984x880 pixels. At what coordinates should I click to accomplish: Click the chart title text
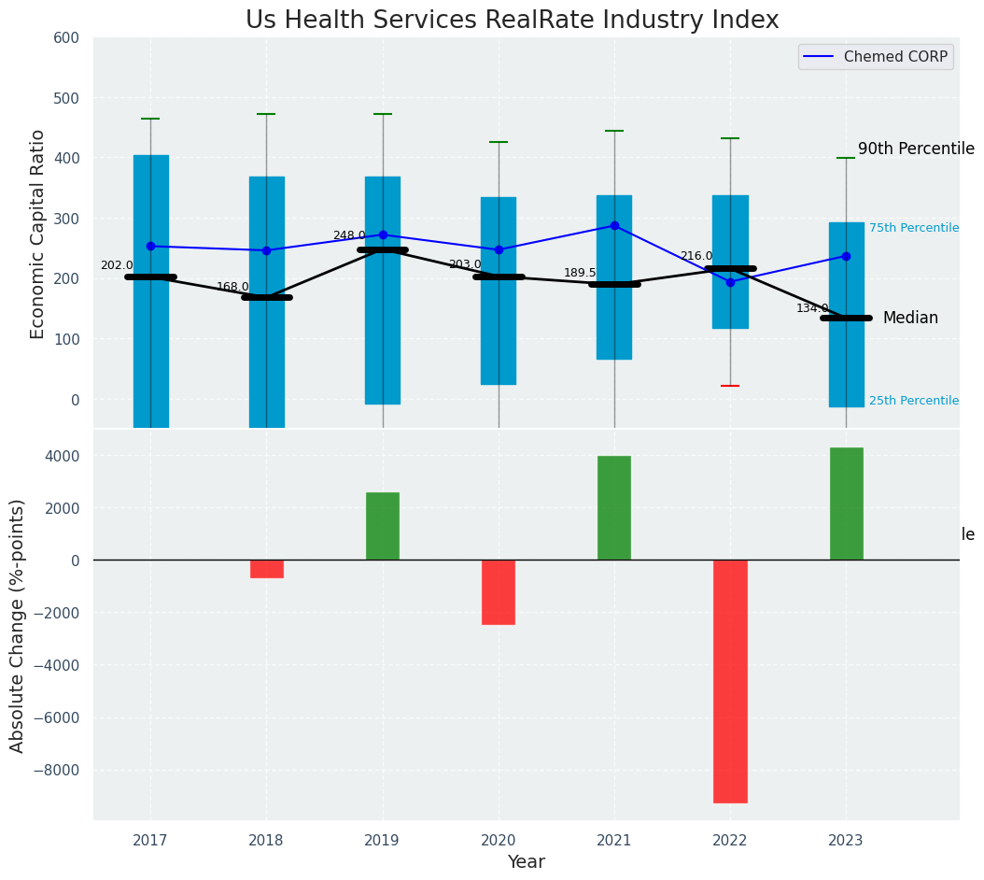click(x=512, y=21)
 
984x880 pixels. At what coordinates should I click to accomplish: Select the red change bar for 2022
click(x=730, y=681)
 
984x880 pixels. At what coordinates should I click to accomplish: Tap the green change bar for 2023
click(x=846, y=504)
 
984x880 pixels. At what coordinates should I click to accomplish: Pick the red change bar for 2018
click(x=266, y=569)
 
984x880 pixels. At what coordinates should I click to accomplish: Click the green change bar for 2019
click(x=382, y=526)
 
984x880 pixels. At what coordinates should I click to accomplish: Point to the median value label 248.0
click(x=349, y=235)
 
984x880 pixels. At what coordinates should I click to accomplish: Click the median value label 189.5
click(x=580, y=273)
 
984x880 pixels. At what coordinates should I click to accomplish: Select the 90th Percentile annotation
click(x=916, y=149)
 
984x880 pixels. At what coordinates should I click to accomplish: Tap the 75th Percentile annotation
click(x=913, y=228)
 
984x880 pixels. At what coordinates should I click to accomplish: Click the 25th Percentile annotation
click(x=913, y=401)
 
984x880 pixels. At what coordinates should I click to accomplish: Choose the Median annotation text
click(x=910, y=319)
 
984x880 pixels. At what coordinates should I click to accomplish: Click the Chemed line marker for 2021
click(x=614, y=225)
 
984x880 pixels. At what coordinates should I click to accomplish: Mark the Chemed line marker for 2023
click(x=846, y=256)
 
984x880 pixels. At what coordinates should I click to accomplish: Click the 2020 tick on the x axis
click(x=498, y=841)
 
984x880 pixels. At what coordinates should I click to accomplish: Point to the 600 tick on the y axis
click(x=73, y=38)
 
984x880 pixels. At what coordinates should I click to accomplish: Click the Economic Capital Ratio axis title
click(x=38, y=234)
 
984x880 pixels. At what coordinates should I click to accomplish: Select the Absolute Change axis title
click(x=18, y=625)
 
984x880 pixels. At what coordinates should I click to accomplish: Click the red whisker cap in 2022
click(x=730, y=386)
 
